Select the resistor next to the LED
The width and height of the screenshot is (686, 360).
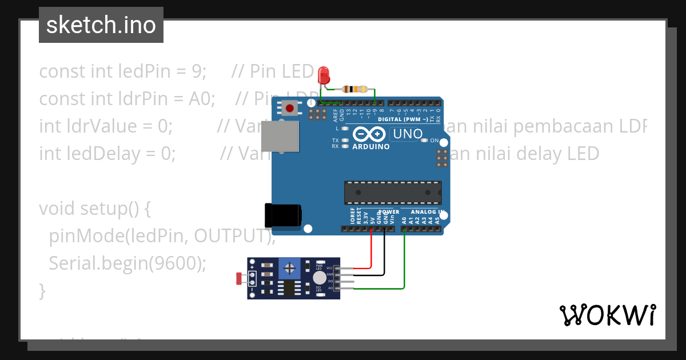point(354,89)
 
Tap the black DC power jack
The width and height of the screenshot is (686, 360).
point(282,215)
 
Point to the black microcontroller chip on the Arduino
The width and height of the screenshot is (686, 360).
point(392,193)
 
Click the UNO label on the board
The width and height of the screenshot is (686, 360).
point(406,135)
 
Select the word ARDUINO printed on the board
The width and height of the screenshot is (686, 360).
point(371,146)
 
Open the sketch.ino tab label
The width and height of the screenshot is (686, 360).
point(101,25)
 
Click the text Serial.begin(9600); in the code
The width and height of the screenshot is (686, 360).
point(127,263)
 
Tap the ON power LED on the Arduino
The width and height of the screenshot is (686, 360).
point(425,140)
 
